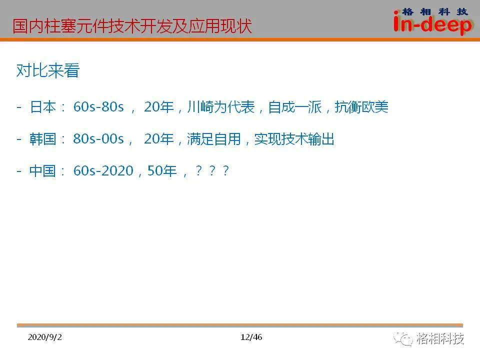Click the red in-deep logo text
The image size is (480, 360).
click(x=432, y=24)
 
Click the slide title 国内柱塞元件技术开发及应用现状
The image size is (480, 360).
click(x=132, y=26)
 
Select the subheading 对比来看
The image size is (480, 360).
click(x=48, y=70)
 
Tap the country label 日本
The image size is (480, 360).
click(x=43, y=107)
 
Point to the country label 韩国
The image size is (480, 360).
click(x=43, y=139)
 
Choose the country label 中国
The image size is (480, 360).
click(x=42, y=171)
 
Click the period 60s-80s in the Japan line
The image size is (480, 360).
click(x=98, y=107)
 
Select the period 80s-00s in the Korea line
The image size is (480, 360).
click(x=98, y=139)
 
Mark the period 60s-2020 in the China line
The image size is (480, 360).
click(x=103, y=171)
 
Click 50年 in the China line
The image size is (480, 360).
click(x=162, y=171)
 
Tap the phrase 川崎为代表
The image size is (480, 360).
click(x=220, y=107)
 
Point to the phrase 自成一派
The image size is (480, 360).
click(x=295, y=107)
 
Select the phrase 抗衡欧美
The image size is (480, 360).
click(x=361, y=107)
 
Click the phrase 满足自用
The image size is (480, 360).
click(x=214, y=139)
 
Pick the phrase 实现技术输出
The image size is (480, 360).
click(x=294, y=139)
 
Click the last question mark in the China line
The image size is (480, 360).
click(x=226, y=170)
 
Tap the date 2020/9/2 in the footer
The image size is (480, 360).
click(x=44, y=337)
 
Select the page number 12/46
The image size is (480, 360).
click(x=251, y=337)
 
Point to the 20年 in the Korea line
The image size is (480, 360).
click(x=159, y=139)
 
